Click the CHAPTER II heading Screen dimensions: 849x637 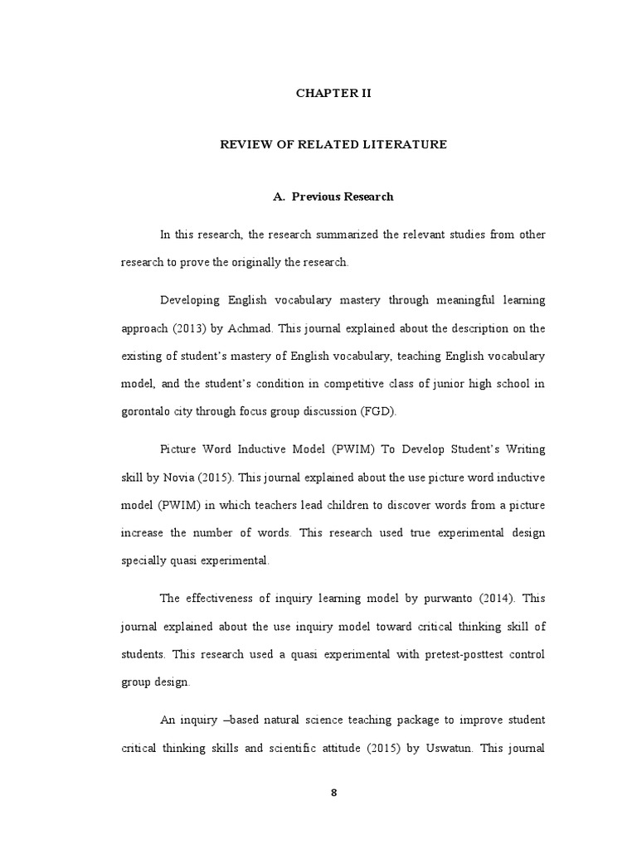[333, 93]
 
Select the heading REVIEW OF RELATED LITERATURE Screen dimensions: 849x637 [333, 144]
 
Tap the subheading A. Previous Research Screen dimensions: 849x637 [333, 196]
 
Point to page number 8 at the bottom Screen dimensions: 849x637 [334, 792]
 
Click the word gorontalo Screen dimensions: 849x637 [150, 410]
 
